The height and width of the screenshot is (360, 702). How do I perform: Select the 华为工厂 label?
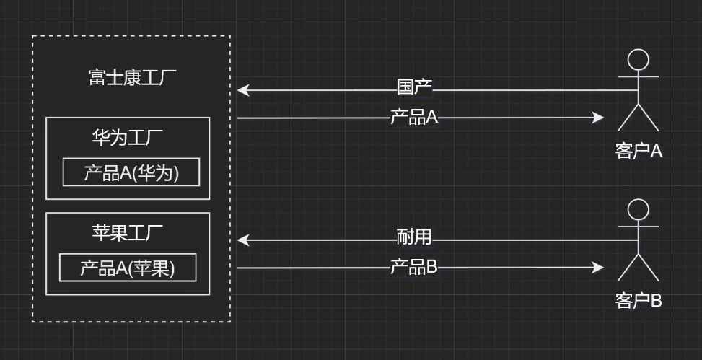coord(127,139)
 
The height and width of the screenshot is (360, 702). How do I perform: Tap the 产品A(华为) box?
coord(131,172)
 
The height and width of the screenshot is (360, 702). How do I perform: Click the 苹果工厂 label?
coord(127,233)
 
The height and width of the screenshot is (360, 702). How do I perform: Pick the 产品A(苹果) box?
coord(128,268)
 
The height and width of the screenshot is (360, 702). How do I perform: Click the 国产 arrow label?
coord(414,88)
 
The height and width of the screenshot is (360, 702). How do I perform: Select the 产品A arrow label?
coord(414,117)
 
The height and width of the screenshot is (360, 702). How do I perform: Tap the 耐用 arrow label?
coord(414,237)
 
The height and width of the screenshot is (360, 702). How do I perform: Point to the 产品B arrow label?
coord(414,267)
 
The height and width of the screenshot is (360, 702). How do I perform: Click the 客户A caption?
coord(639,151)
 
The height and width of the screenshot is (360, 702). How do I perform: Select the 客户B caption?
coord(639,300)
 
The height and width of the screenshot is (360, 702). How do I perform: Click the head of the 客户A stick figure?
coord(639,59)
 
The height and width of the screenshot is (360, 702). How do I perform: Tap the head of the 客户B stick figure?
coord(639,209)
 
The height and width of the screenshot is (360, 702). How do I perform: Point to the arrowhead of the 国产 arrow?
coord(242,90)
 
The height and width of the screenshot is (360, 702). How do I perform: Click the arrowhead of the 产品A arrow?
coord(598,118)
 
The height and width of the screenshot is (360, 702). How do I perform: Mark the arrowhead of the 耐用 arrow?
coord(242,240)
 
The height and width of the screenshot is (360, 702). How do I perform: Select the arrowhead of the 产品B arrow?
coord(598,268)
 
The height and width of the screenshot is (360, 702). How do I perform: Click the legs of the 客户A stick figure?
coord(639,118)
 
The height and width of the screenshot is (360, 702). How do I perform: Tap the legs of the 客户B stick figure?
coord(639,268)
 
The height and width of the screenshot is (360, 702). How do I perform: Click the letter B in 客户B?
coord(656,300)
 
